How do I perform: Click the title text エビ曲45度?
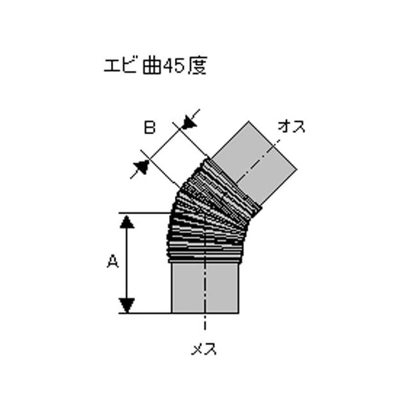click(155, 66)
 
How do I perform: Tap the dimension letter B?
click(149, 128)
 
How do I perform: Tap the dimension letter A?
click(112, 261)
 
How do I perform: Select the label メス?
click(205, 350)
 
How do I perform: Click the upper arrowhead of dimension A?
click(128, 221)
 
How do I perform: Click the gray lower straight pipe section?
click(205, 287)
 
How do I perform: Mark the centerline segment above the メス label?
click(205, 326)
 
